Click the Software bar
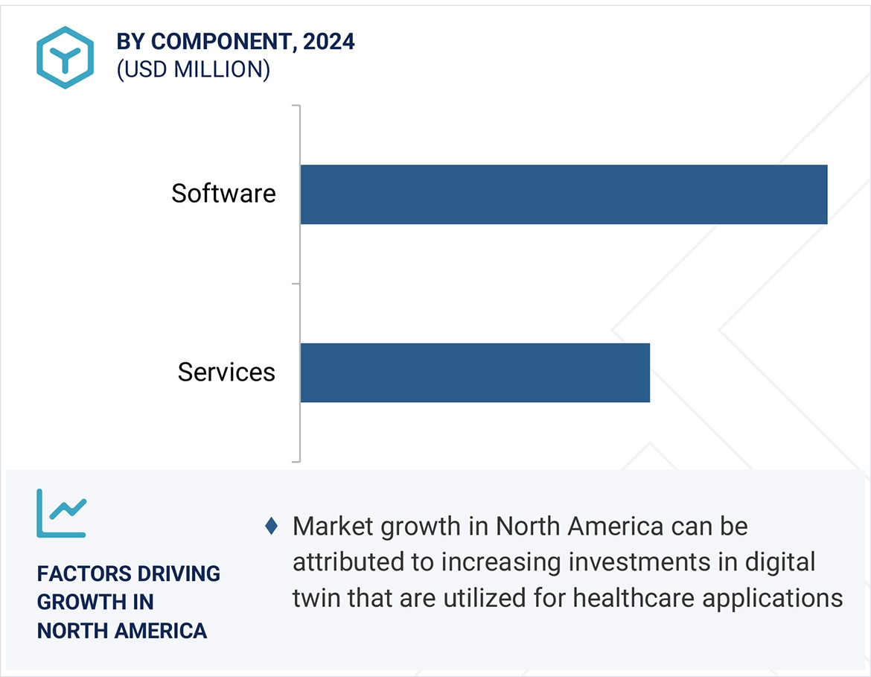point(564,194)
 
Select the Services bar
point(475,372)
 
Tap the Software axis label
point(223,194)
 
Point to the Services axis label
point(226,372)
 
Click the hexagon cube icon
point(66,57)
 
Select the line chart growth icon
point(61,513)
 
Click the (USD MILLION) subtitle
point(193,69)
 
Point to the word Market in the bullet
point(333,527)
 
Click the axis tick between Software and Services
point(296,284)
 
